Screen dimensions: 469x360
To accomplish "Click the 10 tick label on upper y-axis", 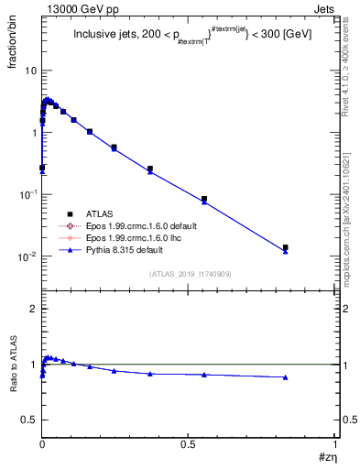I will tap(29, 71).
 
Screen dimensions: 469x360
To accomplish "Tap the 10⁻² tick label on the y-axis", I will tap(27, 256).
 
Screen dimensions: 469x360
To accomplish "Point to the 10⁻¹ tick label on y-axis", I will tap(27, 194).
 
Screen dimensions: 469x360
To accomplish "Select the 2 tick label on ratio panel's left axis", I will tap(33, 309).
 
